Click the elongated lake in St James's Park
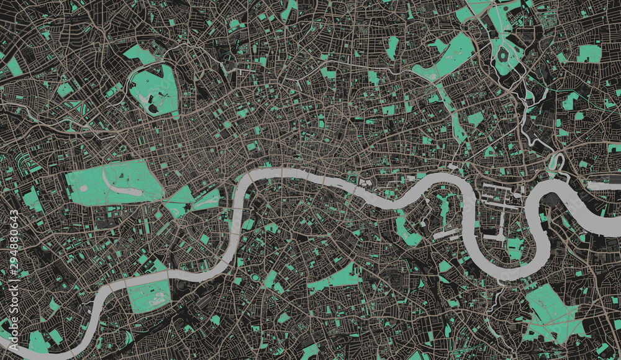click(205, 200)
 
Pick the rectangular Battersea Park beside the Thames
click(149, 295)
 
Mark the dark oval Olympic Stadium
click(502, 55)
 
